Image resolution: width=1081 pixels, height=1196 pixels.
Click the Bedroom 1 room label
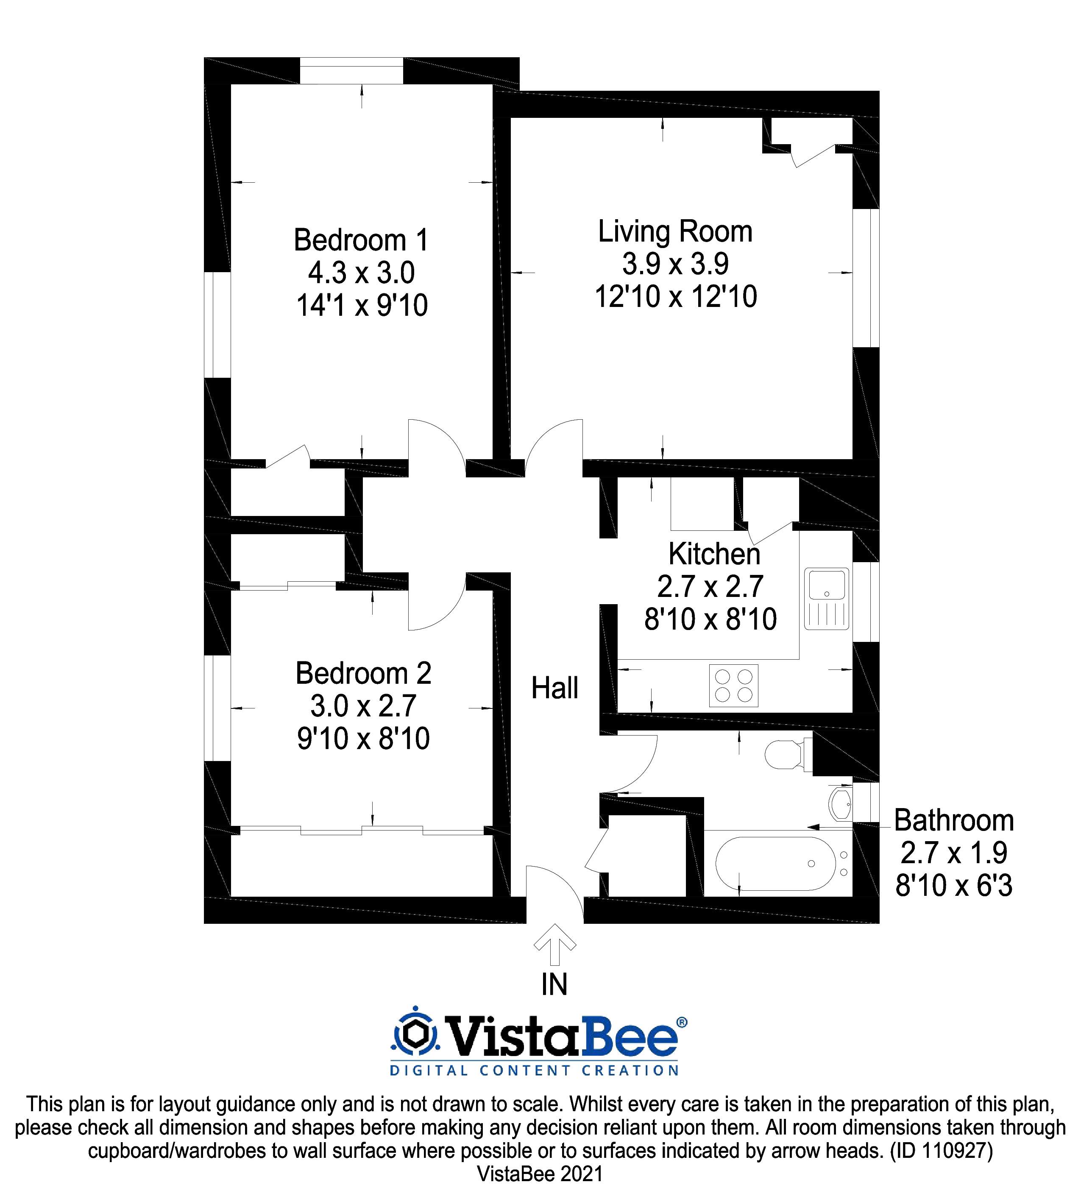(361, 240)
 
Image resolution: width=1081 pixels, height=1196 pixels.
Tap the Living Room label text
(674, 231)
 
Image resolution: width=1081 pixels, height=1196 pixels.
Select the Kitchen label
(714, 554)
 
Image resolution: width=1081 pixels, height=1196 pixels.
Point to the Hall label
(554, 688)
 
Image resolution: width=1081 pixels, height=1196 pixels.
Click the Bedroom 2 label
(363, 673)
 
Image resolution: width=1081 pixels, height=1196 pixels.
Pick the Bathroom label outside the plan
(953, 820)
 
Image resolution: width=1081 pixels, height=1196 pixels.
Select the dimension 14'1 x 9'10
(362, 306)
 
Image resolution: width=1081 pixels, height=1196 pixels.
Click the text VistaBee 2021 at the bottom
(540, 1174)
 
